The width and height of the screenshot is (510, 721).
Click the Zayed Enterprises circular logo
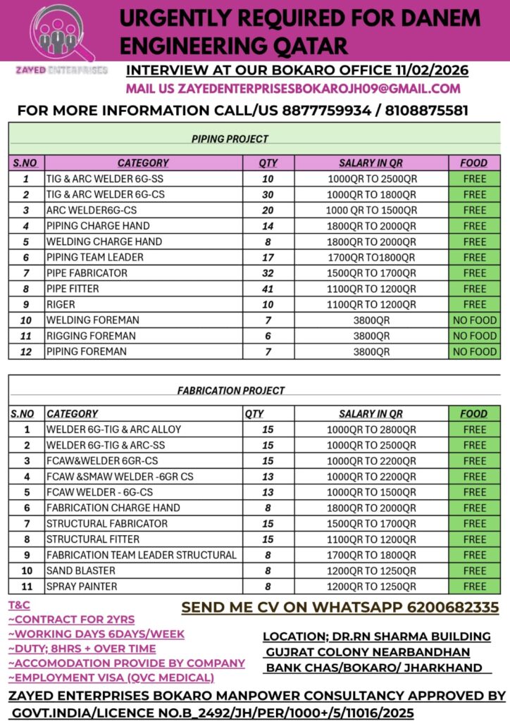click(61, 32)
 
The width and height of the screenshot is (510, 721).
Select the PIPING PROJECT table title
click(230, 139)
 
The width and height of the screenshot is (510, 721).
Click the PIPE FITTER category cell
click(73, 289)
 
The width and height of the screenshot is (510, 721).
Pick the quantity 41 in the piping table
click(268, 289)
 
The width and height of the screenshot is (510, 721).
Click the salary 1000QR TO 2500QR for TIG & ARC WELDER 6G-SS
click(372, 179)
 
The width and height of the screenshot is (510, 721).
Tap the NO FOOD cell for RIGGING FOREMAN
click(474, 336)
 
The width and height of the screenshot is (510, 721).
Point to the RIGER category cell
click(61, 304)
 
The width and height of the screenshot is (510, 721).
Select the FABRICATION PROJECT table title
click(230, 390)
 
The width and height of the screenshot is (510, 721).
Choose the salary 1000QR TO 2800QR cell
click(372, 430)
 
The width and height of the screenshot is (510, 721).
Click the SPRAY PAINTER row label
click(82, 586)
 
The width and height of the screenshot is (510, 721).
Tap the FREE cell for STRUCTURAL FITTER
click(474, 539)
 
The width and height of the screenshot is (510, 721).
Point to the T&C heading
click(19, 605)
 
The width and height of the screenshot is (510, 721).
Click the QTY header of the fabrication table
click(254, 414)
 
